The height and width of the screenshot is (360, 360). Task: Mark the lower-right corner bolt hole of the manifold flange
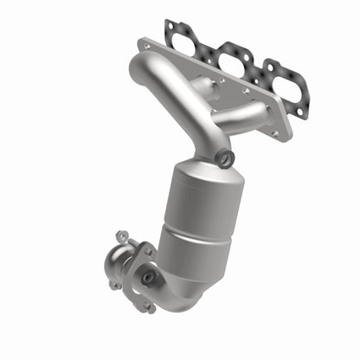(276, 134)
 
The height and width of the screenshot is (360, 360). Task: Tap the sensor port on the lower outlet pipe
(148, 277)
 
